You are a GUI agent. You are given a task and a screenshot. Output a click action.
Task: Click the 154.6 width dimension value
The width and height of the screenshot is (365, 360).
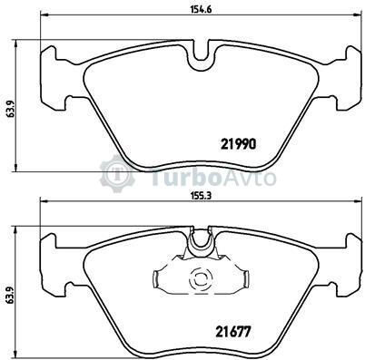coord(201,9)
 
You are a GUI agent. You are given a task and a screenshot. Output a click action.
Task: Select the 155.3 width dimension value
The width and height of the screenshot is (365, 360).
coord(201,196)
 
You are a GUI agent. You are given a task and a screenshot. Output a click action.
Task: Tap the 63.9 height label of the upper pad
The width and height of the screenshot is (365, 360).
coord(9,107)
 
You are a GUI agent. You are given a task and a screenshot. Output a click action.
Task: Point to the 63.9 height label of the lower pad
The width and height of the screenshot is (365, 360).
coord(9,293)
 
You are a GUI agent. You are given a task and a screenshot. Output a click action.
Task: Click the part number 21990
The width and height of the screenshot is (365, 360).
coord(239,144)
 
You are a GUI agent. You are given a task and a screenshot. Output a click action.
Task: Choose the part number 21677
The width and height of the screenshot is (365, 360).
coord(233,333)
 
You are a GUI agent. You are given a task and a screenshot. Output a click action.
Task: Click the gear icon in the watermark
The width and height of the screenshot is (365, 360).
coord(117,173)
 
